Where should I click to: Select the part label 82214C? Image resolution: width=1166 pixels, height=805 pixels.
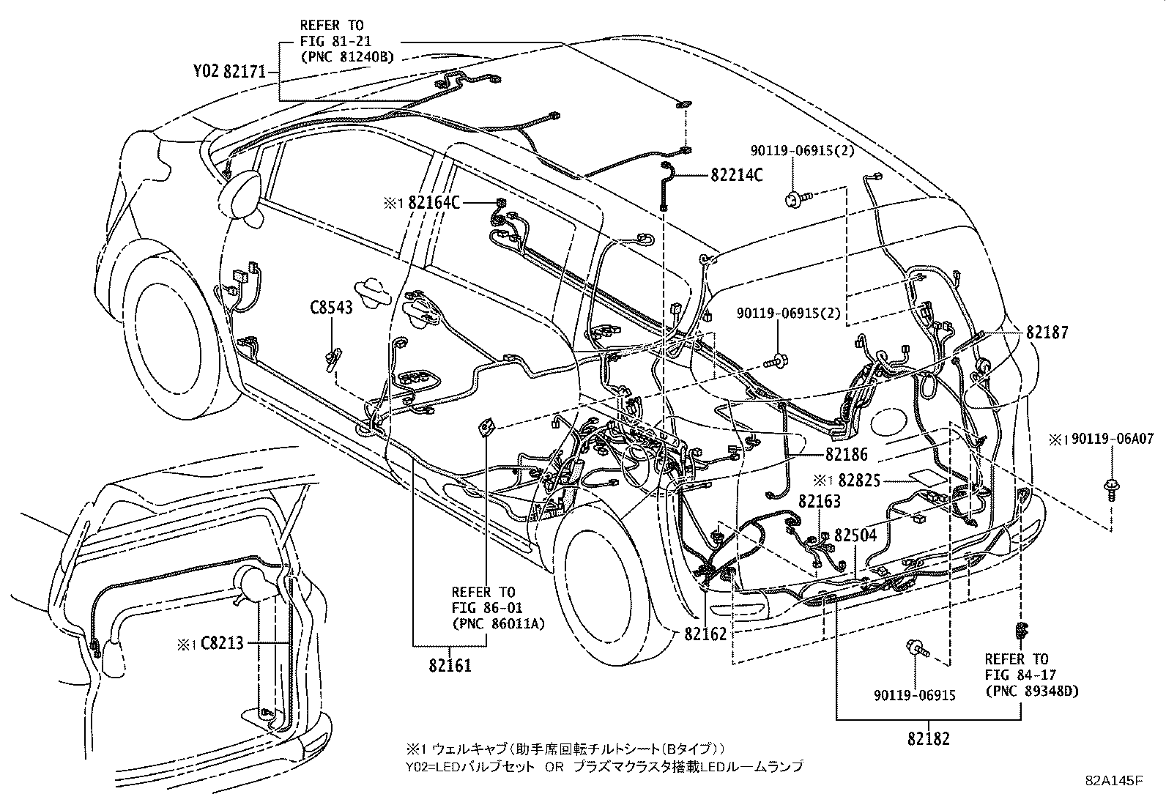[736, 176]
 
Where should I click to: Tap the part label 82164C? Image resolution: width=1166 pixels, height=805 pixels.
[434, 203]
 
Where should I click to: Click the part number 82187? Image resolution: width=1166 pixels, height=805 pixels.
[1047, 333]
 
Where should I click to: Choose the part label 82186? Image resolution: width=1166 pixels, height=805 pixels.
[847, 454]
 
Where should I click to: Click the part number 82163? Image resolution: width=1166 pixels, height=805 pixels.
[820, 502]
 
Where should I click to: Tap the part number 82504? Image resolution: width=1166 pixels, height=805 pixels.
[855, 535]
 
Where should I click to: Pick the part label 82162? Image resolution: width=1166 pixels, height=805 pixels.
[706, 634]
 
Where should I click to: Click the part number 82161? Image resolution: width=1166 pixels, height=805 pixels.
[450, 666]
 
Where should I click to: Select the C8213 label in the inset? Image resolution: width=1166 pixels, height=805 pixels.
[223, 643]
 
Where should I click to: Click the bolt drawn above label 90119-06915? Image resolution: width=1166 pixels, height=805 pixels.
[917, 648]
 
